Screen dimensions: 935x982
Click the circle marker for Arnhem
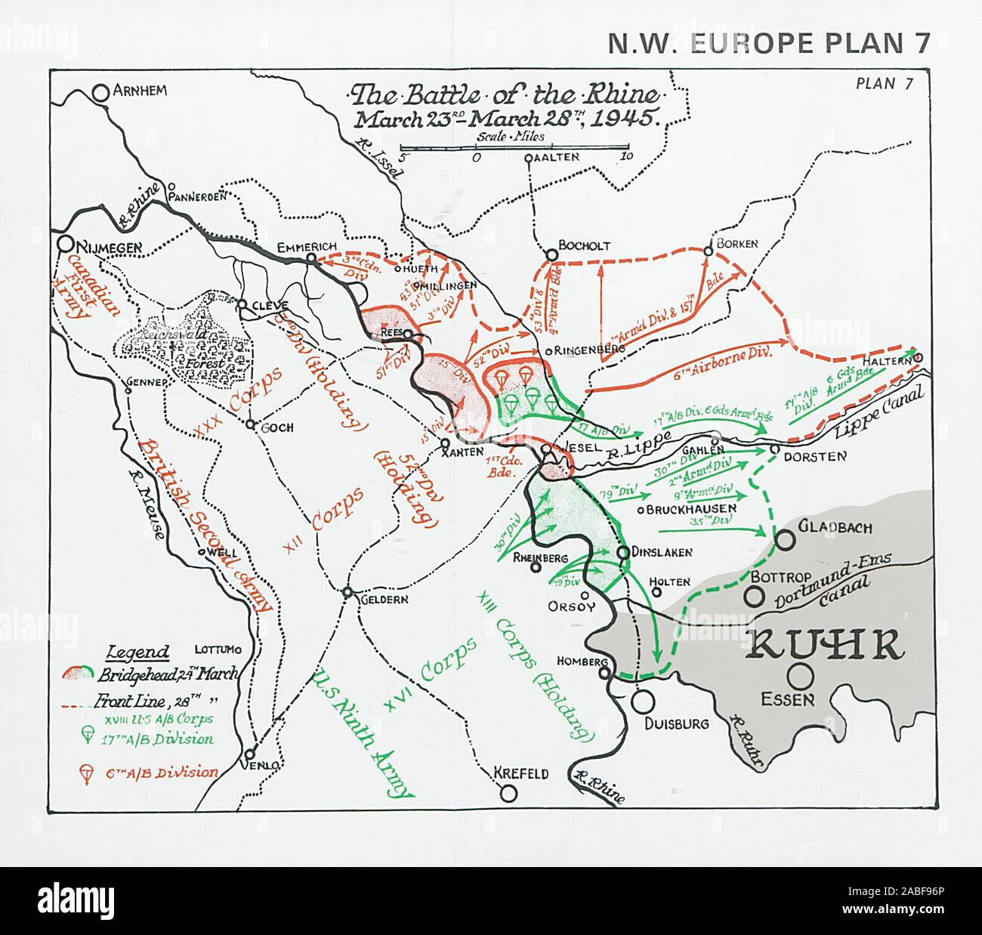100,92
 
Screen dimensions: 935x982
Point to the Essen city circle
800,674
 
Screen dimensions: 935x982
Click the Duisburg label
677,723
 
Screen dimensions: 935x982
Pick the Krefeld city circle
508,793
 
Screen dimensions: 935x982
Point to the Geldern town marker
347,593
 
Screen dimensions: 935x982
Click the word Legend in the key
138,653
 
